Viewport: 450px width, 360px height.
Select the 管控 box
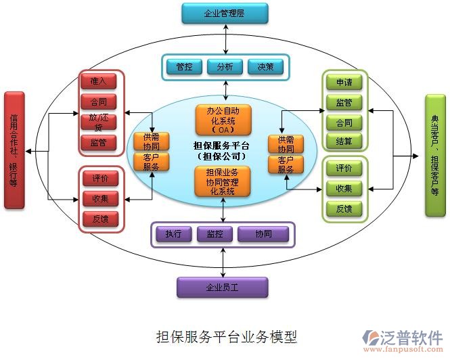click(x=184, y=66)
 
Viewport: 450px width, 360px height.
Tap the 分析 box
click(x=225, y=66)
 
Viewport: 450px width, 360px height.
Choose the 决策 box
click(x=265, y=66)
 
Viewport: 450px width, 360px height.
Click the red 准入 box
click(x=99, y=81)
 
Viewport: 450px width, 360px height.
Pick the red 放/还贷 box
click(x=99, y=122)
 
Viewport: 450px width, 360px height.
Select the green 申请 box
click(x=344, y=83)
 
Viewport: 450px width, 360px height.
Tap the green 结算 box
click(x=344, y=141)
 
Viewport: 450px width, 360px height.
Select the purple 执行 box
click(x=173, y=234)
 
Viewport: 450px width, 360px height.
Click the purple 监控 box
click(x=215, y=234)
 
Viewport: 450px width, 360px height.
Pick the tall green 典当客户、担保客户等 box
click(x=435, y=155)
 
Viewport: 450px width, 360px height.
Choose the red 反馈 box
click(x=99, y=219)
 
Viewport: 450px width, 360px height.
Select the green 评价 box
click(x=344, y=168)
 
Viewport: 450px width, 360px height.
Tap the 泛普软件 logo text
click(x=414, y=336)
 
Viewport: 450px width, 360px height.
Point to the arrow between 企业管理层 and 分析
click(x=225, y=39)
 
